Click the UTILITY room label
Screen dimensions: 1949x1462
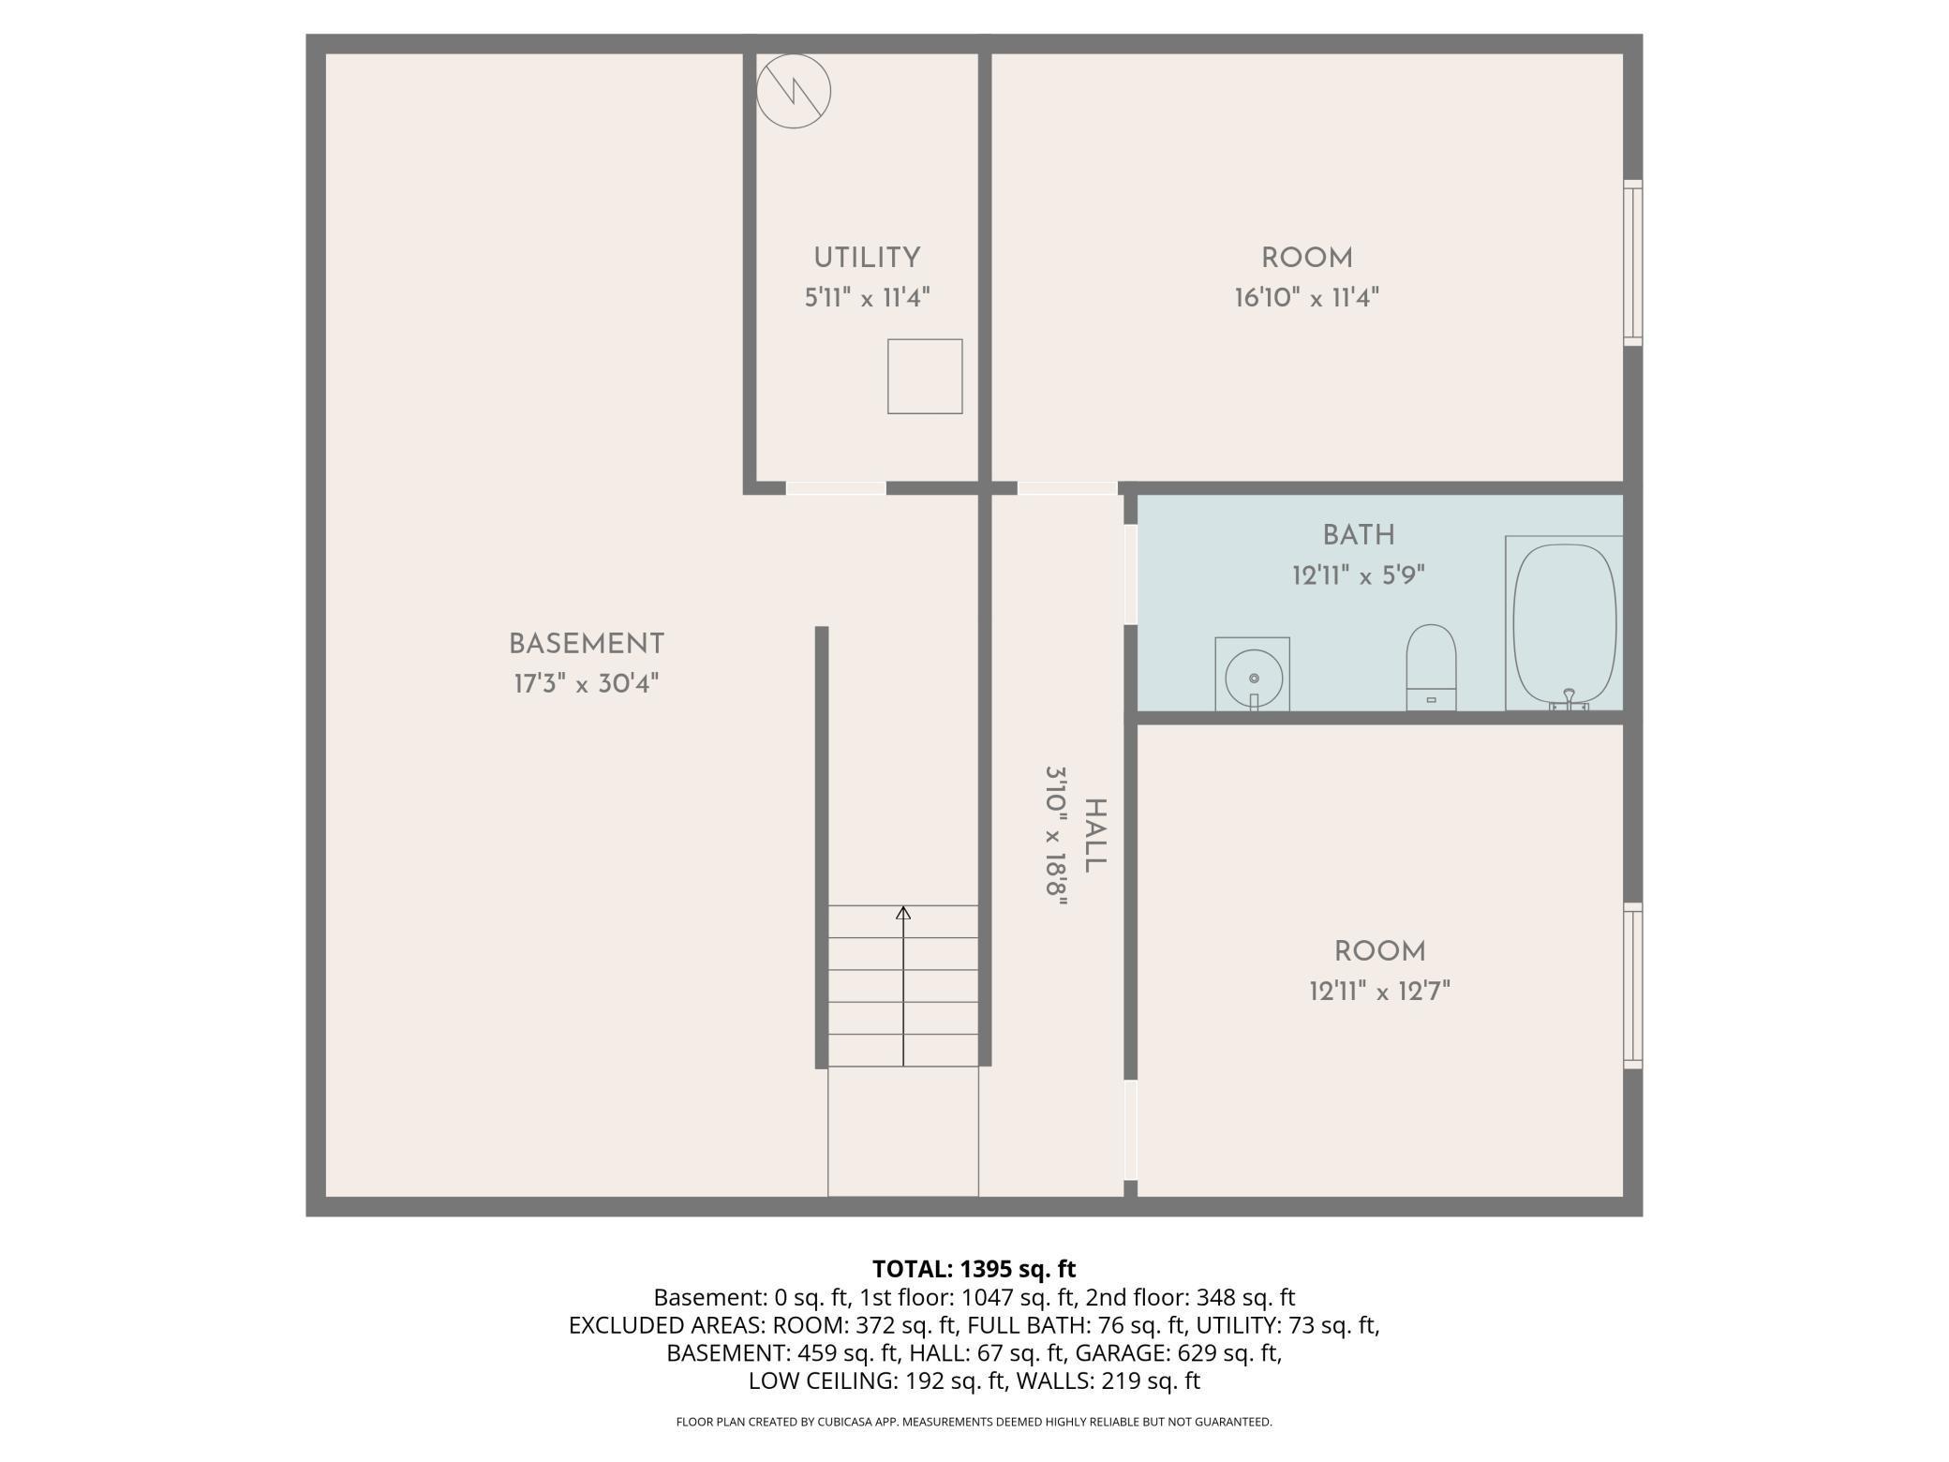click(x=867, y=258)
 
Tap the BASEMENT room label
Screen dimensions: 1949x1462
click(x=587, y=644)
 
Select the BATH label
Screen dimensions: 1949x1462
click(x=1359, y=535)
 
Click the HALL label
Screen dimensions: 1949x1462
click(x=1094, y=835)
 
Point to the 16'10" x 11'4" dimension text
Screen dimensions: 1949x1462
click(x=1307, y=298)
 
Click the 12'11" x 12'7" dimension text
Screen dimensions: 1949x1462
click(x=1380, y=991)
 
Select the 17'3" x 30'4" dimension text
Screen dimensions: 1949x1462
click(x=587, y=683)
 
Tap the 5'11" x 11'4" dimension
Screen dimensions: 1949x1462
click(x=867, y=298)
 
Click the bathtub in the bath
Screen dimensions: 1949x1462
click(x=1564, y=623)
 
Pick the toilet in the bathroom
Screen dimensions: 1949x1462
click(x=1432, y=667)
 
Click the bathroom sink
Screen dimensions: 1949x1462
click(x=1253, y=675)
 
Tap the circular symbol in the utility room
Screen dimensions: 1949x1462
click(x=794, y=91)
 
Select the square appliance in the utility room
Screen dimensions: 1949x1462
click(x=925, y=376)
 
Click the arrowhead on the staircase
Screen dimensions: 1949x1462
click(x=903, y=912)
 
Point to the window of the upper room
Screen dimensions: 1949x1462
click(x=1632, y=262)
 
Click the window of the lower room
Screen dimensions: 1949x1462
click(x=1632, y=986)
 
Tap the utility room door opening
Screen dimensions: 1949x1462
click(x=836, y=488)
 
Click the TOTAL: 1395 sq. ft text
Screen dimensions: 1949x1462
click(x=974, y=1269)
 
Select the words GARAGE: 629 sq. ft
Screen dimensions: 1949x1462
click(x=1178, y=1353)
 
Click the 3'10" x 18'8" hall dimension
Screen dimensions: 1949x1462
click(x=1057, y=836)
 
